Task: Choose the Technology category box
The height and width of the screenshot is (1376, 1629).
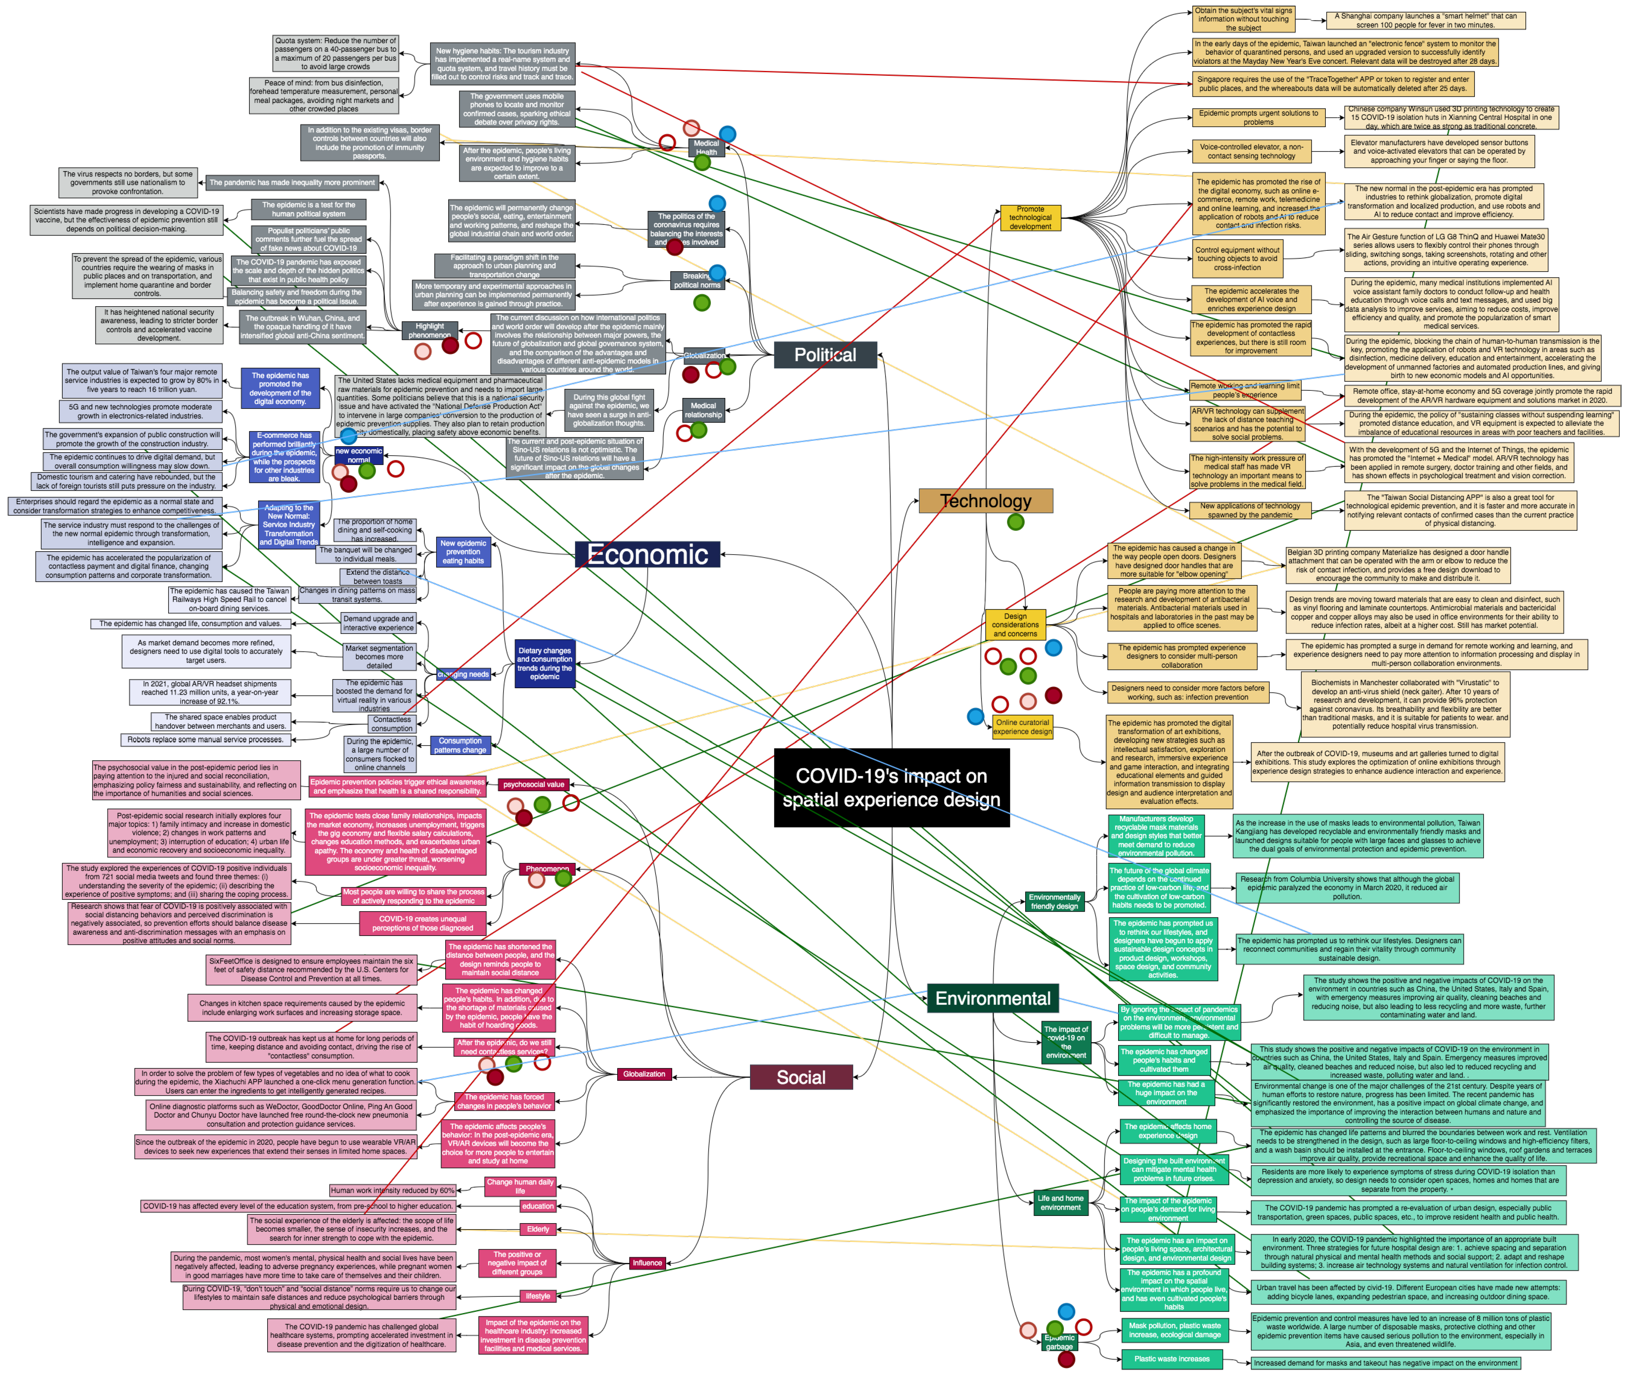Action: [985, 501]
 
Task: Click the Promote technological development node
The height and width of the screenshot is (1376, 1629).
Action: [1030, 218]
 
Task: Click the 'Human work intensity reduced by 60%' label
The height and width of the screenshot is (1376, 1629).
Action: [392, 1190]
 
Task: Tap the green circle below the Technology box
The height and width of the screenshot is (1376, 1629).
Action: [1015, 522]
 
